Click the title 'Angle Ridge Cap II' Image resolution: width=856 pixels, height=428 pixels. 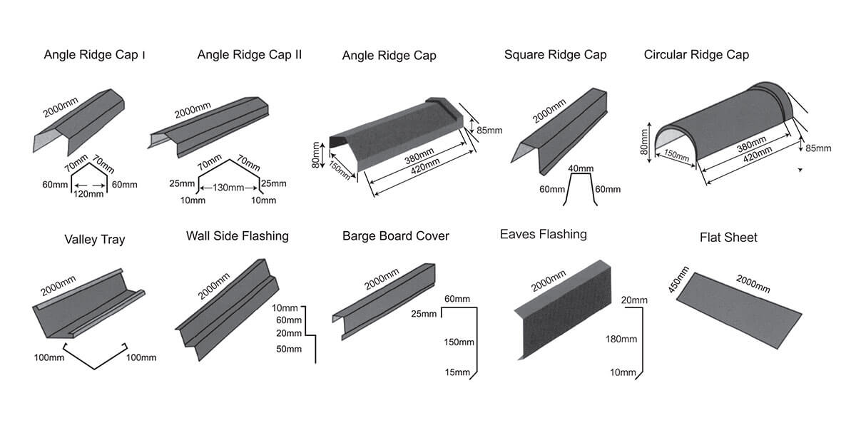click(x=249, y=54)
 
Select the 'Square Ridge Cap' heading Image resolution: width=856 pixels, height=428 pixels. click(x=555, y=54)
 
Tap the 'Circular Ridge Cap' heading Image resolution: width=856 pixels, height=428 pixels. click(x=696, y=54)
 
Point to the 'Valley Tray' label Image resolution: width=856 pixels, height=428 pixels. click(x=94, y=239)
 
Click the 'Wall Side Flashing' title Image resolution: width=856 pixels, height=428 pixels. click(x=237, y=235)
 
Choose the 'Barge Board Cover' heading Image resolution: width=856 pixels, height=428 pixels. click(x=395, y=235)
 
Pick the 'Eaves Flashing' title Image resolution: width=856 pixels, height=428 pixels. click(x=544, y=234)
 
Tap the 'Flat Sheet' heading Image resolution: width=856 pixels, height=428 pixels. click(x=728, y=237)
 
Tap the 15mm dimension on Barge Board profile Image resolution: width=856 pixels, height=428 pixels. click(x=457, y=372)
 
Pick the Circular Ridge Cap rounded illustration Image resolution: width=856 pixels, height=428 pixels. click(x=728, y=125)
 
